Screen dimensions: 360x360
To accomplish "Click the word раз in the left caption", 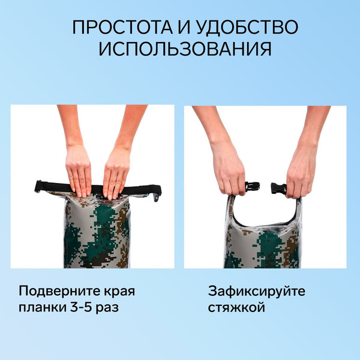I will pos(119,308).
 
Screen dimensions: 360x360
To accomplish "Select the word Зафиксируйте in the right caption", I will pos(257,292).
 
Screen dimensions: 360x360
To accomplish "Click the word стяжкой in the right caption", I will pos(237,308).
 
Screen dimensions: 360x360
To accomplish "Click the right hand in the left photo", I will pos(116,171).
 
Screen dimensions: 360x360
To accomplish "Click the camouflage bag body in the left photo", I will pos(96,234).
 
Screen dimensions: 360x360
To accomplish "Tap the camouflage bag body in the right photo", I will pos(264,246).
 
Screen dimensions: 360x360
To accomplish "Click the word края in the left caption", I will pos(118,292).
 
